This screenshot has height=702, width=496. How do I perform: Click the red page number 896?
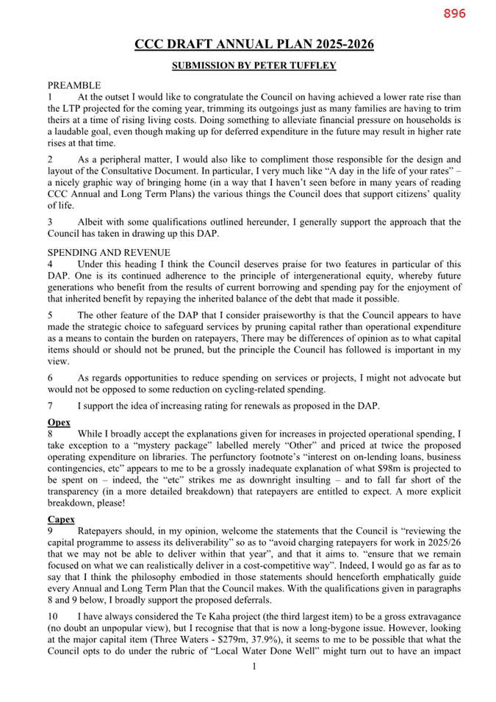click(455, 14)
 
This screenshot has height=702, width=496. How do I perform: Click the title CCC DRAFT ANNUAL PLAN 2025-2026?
click(254, 45)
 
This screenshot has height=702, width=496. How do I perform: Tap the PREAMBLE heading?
click(74, 86)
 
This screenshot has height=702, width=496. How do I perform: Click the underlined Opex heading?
click(59, 423)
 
